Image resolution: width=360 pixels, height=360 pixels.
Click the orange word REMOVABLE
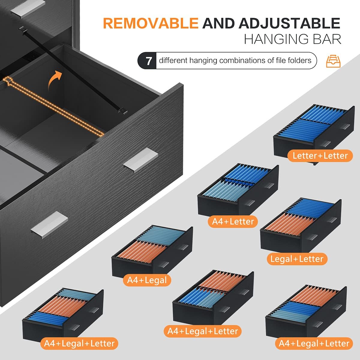151,23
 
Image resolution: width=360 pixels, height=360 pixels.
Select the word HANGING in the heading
277,39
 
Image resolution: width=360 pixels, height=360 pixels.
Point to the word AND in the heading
218,23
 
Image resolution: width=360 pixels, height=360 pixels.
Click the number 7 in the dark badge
148,61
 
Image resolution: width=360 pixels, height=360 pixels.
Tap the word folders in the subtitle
299,60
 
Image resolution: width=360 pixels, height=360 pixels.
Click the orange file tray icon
333,61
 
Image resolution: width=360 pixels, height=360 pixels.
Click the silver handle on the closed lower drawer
49,225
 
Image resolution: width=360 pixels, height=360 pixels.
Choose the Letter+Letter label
320,156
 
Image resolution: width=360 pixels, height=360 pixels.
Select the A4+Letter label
233,222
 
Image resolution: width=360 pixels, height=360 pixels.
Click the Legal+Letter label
297,259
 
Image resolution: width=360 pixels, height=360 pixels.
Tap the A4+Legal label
147,280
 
